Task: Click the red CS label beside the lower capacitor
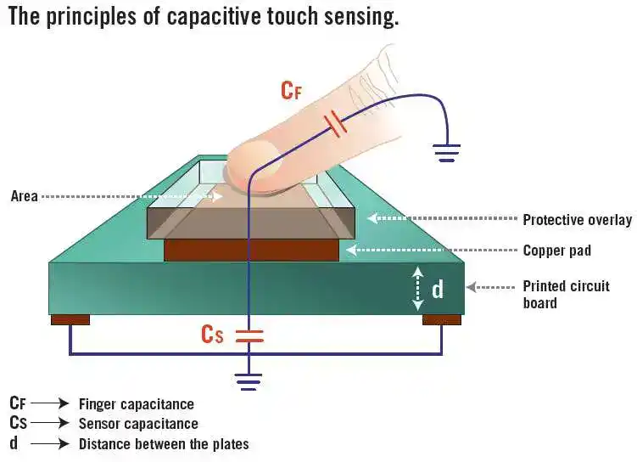212,334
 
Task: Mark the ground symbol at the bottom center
249,380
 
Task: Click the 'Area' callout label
25,196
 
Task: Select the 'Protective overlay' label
577,220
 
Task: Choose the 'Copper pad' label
556,251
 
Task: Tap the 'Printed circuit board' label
566,294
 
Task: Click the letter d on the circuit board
438,290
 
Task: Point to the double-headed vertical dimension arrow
417,289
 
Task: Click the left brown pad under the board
70,319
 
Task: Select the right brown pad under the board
442,319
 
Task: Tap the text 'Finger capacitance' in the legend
136,404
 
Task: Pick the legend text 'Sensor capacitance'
138,424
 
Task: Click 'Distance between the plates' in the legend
164,443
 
